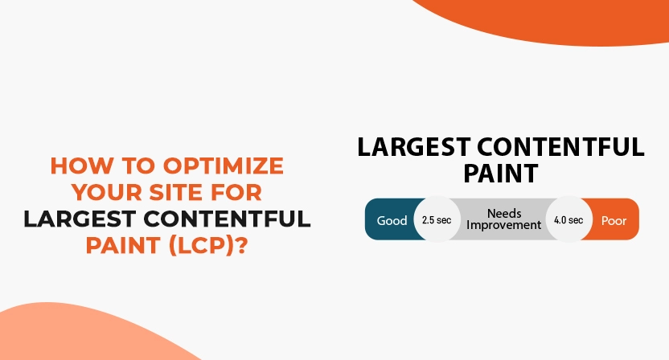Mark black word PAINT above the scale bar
coord(500,174)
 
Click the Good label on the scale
coord(392,220)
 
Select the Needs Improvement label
coord(504,219)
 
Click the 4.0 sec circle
coord(568,219)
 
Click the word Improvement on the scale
coord(504,226)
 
